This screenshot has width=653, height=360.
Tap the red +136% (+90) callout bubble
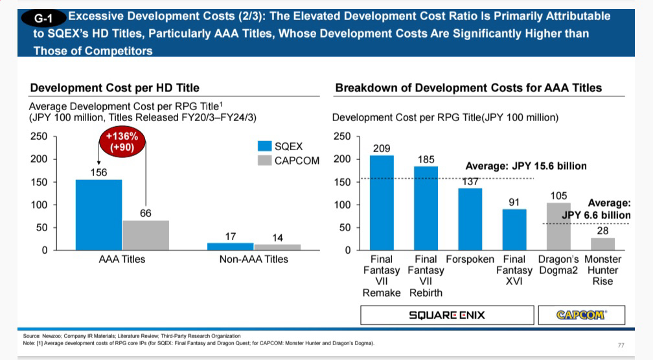[x=122, y=142]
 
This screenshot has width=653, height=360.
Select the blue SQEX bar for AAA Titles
[x=98, y=214]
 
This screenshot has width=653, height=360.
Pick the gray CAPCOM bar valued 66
[x=145, y=235]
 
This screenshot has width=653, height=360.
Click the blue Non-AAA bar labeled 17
[x=230, y=247]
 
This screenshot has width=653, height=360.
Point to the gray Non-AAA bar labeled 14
[x=277, y=247]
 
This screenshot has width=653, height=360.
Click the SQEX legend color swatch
[x=264, y=146]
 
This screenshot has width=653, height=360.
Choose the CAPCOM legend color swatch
[x=264, y=160]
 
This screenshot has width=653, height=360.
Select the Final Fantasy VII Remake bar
[x=382, y=203]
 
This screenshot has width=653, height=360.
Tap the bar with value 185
[x=426, y=208]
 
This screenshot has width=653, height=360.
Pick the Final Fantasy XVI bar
[x=514, y=229]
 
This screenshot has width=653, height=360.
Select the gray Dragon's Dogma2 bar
[x=558, y=226]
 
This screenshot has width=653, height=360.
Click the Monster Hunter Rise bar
[x=602, y=244]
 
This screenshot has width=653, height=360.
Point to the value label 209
[x=382, y=148]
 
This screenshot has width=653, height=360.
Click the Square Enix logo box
[x=446, y=315]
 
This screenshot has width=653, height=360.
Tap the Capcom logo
[x=581, y=315]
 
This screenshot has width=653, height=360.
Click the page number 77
[x=621, y=345]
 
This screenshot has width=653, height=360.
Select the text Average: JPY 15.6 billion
[x=526, y=166]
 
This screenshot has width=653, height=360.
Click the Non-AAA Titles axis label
[x=253, y=259]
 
